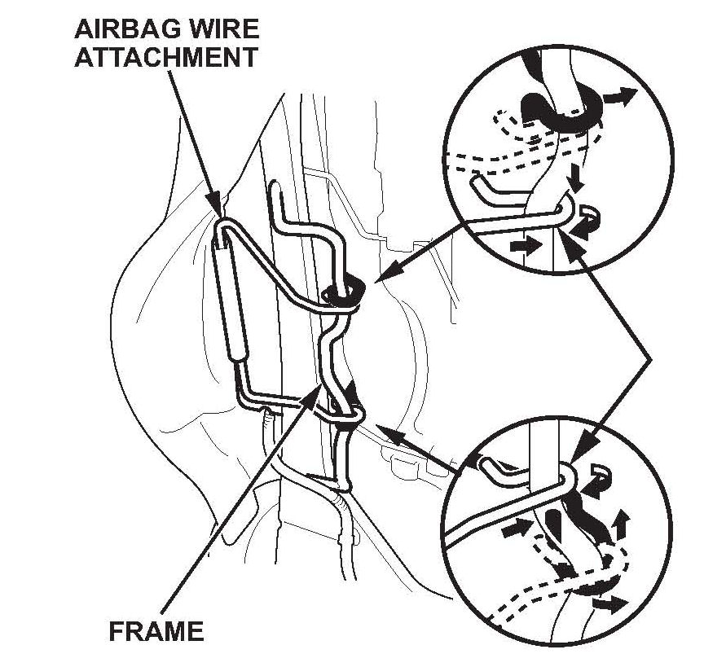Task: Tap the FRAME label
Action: [156, 631]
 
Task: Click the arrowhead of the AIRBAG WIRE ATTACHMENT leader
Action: [218, 206]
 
